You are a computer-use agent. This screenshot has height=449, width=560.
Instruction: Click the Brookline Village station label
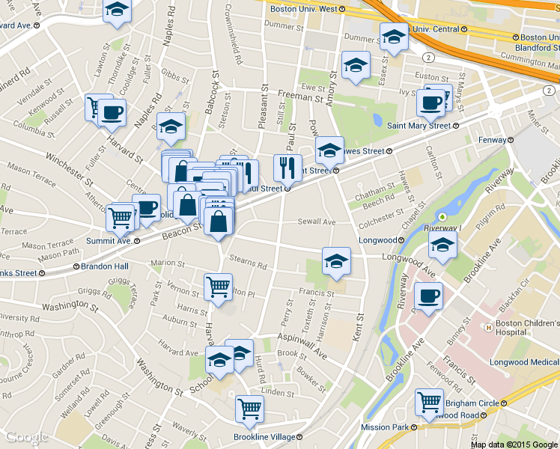tap(268, 436)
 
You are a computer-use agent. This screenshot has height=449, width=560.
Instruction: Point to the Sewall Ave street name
tap(317, 222)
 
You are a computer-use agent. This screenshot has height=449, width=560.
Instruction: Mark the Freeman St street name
tap(299, 97)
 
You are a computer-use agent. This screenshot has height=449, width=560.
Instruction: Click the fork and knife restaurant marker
tap(287, 168)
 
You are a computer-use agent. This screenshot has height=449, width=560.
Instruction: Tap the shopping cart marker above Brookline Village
tap(249, 408)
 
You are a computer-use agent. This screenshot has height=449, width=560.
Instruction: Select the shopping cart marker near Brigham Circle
tap(429, 402)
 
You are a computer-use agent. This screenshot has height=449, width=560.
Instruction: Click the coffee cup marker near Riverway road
tap(427, 296)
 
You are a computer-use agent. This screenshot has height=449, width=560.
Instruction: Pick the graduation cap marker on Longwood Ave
tap(336, 260)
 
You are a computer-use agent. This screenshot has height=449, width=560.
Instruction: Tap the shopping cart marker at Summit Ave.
tap(120, 219)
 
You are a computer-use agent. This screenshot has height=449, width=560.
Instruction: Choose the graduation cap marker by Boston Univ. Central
tap(393, 37)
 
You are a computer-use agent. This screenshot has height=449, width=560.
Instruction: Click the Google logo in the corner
tap(27, 437)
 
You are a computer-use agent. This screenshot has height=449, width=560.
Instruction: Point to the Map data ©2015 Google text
tap(514, 444)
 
